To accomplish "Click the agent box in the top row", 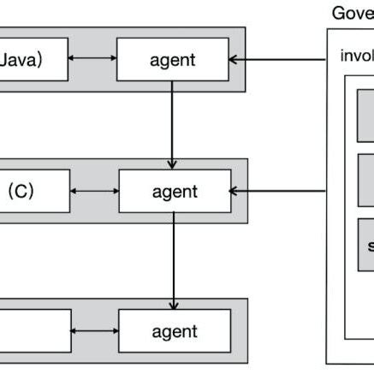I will click(174, 60).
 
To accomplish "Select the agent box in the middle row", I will click(174, 191).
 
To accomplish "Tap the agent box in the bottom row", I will click(174, 331).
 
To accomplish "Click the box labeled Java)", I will click(33, 60).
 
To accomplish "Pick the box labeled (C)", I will click(34, 191).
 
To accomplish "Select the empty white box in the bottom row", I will click(34, 331).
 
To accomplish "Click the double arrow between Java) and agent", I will click(92, 60).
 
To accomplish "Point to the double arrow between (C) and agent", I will click(94, 191).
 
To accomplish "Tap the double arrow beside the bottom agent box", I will click(94, 331).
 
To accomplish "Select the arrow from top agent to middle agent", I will click(174, 124).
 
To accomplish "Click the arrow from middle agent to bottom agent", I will click(174, 261).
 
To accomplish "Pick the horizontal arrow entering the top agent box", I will click(278, 60).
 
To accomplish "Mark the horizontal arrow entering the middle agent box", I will click(278, 191).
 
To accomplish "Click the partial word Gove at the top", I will click(352, 13).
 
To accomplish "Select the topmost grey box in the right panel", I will click(365, 115).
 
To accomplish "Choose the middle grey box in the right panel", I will click(365, 179).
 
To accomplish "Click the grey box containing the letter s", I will click(365, 245).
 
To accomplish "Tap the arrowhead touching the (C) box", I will click(75, 191).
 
